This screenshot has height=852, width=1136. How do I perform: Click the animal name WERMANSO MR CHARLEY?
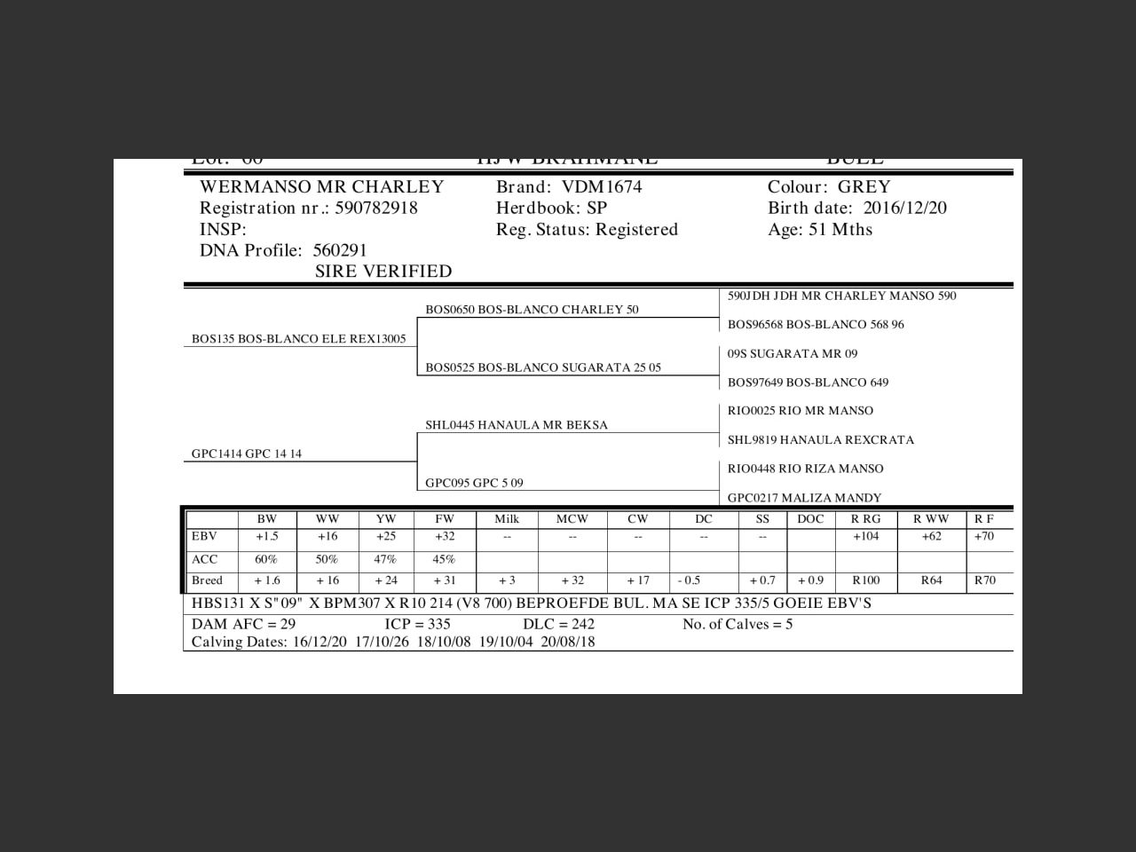321,187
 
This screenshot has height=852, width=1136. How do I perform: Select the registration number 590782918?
376,209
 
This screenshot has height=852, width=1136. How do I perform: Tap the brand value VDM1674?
602,187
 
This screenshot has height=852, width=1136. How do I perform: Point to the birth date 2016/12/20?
904,209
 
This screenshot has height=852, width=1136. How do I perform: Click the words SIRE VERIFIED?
383,272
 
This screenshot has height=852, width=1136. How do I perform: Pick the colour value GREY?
864,187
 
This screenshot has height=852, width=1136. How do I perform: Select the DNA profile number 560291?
340,251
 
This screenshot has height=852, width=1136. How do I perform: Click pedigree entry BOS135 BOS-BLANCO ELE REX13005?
298,339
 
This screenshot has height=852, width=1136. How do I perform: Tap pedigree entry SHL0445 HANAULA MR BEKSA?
517,425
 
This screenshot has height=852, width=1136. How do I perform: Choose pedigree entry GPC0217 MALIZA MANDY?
804,498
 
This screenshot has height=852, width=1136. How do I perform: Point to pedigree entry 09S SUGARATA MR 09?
793,354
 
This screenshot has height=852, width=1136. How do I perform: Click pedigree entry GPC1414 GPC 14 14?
247,454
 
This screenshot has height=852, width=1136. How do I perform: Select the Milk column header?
507,519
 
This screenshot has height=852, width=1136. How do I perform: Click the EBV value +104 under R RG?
866,537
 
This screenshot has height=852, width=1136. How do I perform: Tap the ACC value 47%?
386,560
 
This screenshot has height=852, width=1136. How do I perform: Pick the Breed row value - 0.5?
690,581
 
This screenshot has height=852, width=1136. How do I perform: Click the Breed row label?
207,581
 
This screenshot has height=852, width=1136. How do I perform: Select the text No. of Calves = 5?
738,625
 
